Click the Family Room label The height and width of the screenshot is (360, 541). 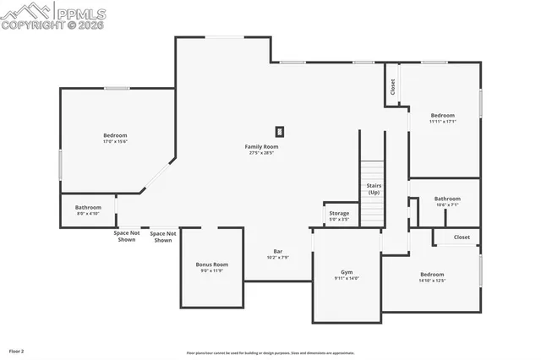[x=262, y=146]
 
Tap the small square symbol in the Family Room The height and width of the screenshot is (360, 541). [x=280, y=131]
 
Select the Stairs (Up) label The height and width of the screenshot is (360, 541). [x=373, y=188]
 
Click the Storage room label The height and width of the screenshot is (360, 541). [x=339, y=213]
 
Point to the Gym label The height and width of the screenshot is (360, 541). [x=347, y=272]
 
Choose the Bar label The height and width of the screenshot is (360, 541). [x=277, y=251]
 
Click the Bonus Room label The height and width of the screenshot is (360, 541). [x=212, y=265]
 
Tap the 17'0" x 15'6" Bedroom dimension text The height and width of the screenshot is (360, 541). [x=115, y=141]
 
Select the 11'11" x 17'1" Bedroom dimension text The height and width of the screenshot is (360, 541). [x=443, y=122]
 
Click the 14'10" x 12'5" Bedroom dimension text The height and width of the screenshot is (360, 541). [x=432, y=281]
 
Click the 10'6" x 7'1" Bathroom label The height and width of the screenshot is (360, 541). [x=447, y=199]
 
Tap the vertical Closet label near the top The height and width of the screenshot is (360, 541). [x=392, y=86]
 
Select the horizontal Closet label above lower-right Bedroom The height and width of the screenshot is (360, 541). [x=462, y=237]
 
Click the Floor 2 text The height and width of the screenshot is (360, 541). [x=17, y=350]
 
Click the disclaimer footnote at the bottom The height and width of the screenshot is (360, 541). [x=270, y=353]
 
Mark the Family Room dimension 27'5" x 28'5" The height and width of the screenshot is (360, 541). [x=262, y=153]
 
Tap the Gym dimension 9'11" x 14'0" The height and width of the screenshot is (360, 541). [x=347, y=278]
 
